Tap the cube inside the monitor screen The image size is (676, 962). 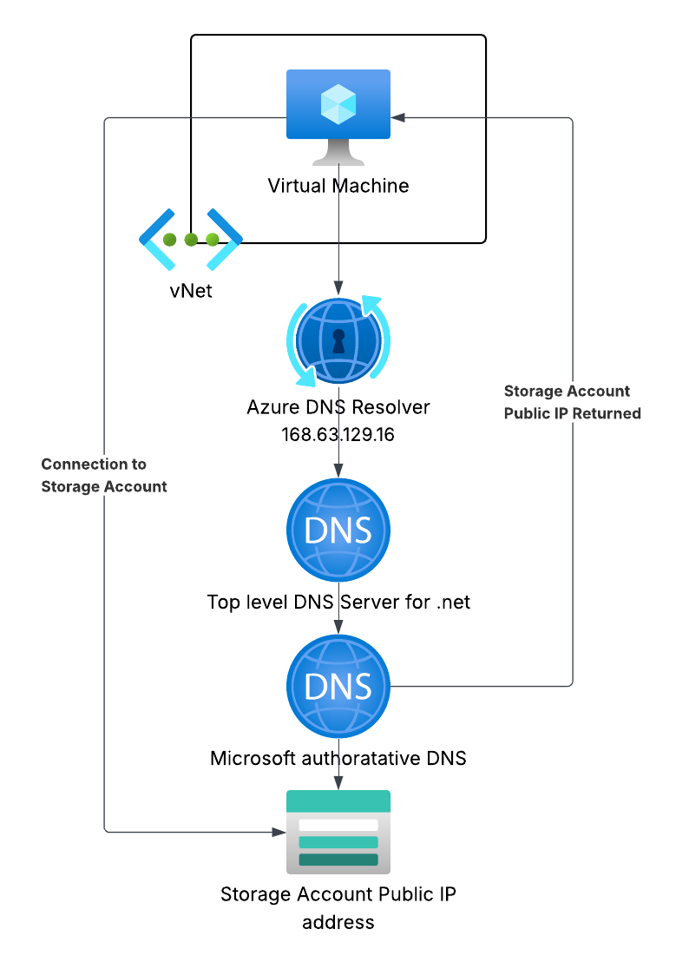click(x=338, y=105)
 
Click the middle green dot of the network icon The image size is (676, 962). click(x=191, y=240)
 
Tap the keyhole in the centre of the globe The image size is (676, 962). click(x=338, y=339)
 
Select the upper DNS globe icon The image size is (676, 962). click(x=338, y=530)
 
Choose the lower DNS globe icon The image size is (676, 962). click(x=338, y=686)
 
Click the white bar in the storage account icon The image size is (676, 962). click(x=338, y=825)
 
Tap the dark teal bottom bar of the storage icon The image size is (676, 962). click(x=338, y=860)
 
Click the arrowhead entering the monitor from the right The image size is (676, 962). click(x=398, y=117)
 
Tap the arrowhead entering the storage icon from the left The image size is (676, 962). click(x=279, y=832)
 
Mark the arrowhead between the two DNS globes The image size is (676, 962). click(x=338, y=626)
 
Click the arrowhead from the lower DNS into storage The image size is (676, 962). click(x=338, y=781)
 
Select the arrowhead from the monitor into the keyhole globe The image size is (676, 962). click(x=338, y=287)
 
